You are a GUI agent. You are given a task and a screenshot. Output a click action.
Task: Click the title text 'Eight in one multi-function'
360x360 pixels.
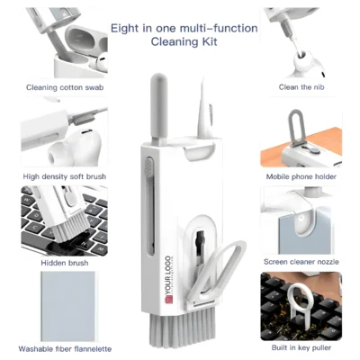pos(184,28)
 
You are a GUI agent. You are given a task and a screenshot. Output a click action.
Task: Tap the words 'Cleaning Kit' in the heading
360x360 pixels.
pos(184,41)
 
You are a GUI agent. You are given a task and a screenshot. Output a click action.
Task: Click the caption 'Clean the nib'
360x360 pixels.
pos(301,87)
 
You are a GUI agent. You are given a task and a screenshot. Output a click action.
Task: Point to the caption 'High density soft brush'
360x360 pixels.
pos(57,175)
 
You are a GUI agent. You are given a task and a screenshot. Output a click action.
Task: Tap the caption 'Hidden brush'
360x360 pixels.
pos(54,262)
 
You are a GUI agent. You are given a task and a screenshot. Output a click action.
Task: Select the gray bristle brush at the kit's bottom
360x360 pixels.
pos(192,329)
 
